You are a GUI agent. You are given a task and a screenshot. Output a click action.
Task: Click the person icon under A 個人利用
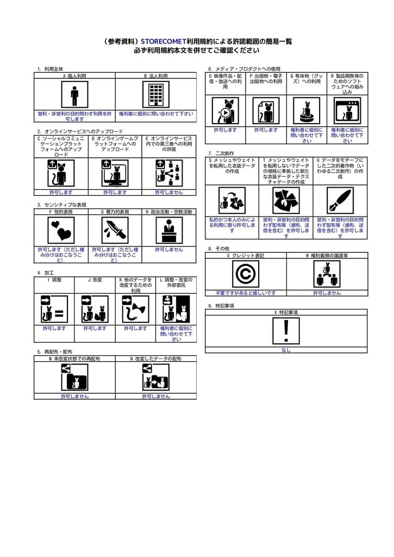pos(74,95)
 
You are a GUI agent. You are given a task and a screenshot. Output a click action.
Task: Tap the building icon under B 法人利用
pos(156,95)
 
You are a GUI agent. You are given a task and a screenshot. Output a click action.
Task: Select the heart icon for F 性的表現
pos(61,230)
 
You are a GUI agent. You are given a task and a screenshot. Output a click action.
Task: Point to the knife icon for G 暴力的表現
pos(115,230)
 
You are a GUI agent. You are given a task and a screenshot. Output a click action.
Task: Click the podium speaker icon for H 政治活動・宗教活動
pos(169,230)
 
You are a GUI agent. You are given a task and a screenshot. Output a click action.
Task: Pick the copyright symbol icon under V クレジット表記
pos(246,274)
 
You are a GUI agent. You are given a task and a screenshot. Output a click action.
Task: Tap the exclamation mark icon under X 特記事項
pos(286,331)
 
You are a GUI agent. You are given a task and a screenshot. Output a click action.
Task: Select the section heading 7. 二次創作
pos(221,153)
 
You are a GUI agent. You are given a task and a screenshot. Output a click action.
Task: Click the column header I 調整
pos(54,280)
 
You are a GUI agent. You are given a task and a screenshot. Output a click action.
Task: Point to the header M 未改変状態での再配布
pos(74,359)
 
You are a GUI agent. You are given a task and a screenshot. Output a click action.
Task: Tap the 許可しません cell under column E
pos(169,192)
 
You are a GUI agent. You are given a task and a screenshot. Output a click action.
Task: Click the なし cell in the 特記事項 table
pos(286,350)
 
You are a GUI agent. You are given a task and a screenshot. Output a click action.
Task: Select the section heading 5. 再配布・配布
pos(54,352)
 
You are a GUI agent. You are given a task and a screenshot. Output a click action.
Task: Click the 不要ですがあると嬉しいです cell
pos(246,293)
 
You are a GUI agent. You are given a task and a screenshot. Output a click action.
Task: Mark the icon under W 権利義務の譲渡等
pos(327,274)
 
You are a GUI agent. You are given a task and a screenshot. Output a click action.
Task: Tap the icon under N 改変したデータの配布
pos(156,377)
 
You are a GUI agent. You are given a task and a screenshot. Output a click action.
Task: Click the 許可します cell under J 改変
pos(95,329)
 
